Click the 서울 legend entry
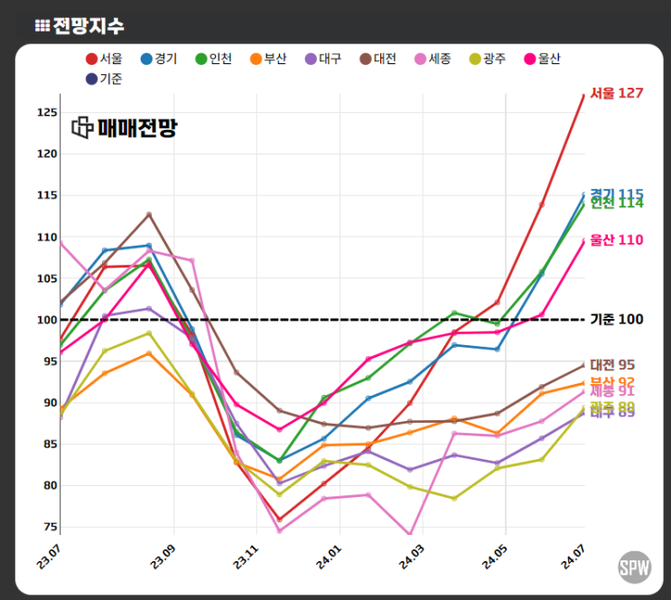[104, 59]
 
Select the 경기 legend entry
[159, 59]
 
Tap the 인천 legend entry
[214, 59]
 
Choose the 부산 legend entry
[269, 59]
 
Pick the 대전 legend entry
[379, 59]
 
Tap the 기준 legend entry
[104, 79]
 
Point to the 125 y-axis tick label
[47, 113]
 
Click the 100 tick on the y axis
[47, 320]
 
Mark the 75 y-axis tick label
[50, 527]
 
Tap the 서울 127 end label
[616, 94]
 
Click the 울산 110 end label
[616, 239]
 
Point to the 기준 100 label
[616, 320]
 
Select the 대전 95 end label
[613, 365]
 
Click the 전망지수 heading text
[88, 25]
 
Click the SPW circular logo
[635, 567]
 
